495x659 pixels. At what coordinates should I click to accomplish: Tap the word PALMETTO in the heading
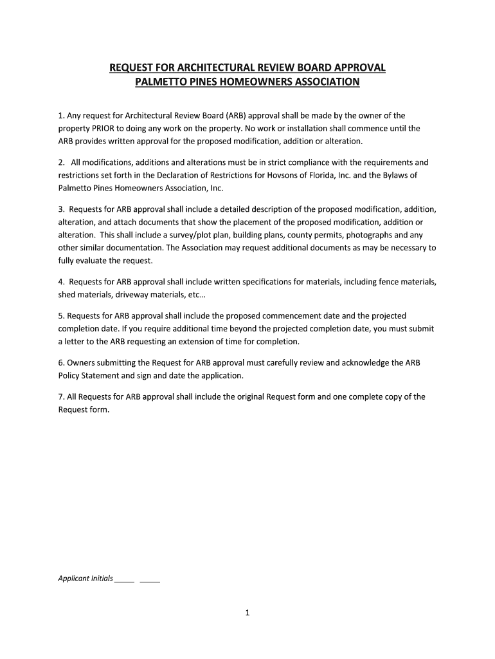click(162, 82)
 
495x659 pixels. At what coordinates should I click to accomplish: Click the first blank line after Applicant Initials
click(125, 579)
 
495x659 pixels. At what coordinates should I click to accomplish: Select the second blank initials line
click(150, 579)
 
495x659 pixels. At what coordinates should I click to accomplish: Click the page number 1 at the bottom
click(247, 613)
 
